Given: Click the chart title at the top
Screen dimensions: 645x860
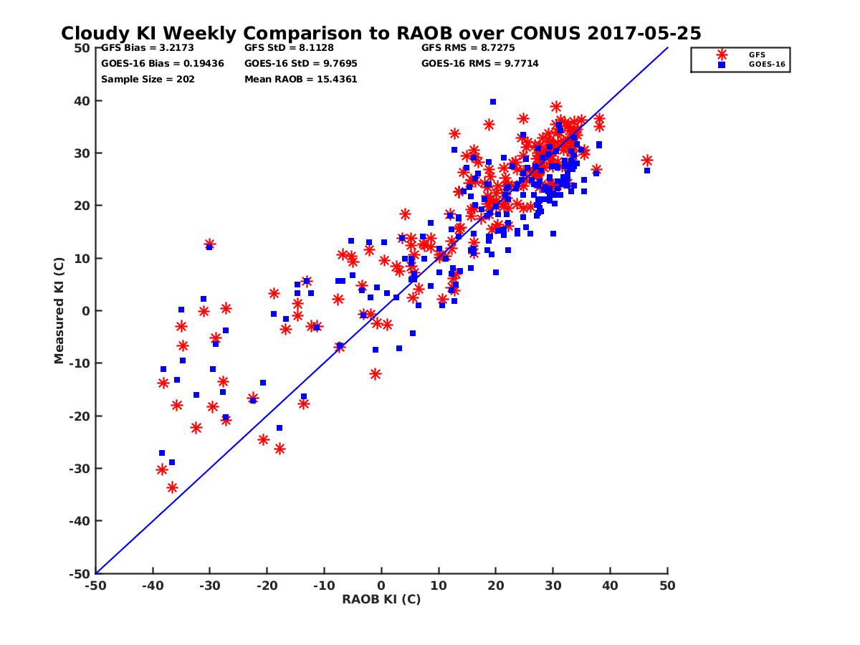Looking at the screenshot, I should click(x=381, y=34).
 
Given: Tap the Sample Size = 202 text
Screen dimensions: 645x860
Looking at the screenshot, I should click(x=148, y=80).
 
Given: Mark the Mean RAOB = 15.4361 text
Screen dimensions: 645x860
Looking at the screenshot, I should click(x=300, y=80).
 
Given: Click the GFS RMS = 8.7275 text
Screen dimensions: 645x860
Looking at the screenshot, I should click(x=468, y=48).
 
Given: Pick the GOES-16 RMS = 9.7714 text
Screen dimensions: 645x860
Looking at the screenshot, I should click(x=479, y=64).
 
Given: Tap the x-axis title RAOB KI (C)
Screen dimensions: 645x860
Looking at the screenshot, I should click(x=381, y=600).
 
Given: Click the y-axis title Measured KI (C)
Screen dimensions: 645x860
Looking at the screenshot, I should click(x=59, y=311).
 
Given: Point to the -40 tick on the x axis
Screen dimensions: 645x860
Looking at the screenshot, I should click(x=152, y=586).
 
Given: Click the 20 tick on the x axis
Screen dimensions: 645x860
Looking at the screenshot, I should click(x=496, y=586).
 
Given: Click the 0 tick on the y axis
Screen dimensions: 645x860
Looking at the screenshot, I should click(x=85, y=311).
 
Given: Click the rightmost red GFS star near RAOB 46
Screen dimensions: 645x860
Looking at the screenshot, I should click(x=647, y=161).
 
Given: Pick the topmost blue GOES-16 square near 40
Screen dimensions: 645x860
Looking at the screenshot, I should click(x=493, y=102).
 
